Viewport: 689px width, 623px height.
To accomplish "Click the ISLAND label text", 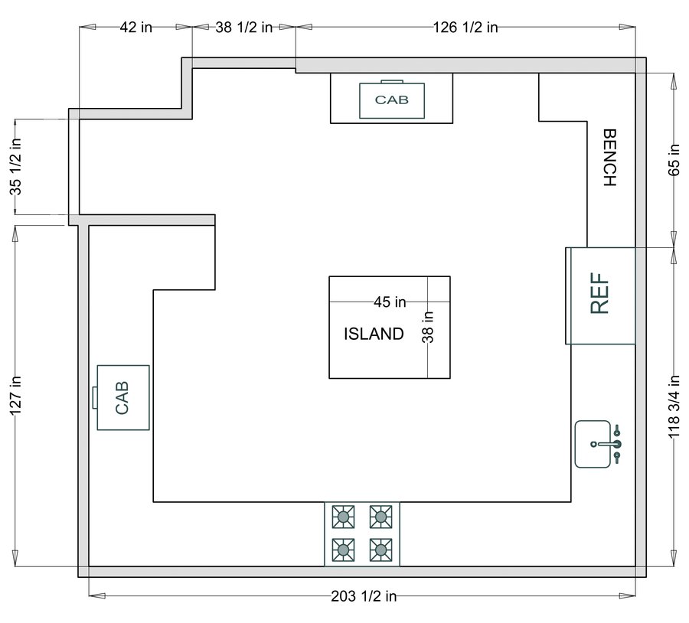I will pyautogui.click(x=374, y=334).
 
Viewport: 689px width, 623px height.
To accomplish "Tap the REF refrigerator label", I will pyautogui.click(x=601, y=295).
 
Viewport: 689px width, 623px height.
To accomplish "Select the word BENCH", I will pyautogui.click(x=610, y=157).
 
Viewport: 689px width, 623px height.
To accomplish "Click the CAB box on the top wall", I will pyautogui.click(x=391, y=100).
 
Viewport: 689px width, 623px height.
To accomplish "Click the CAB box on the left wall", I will pyautogui.click(x=122, y=398).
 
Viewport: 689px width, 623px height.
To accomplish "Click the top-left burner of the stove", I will pyautogui.click(x=344, y=517).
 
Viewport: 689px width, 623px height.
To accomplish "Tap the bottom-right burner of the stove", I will pyautogui.click(x=380, y=548).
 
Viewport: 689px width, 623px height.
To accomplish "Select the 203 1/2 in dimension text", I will pyautogui.click(x=363, y=595).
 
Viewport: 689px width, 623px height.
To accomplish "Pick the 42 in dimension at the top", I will pyautogui.click(x=136, y=27).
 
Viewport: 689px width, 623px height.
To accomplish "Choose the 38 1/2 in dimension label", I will pyautogui.click(x=244, y=27).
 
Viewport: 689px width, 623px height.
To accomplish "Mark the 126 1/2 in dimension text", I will pyautogui.click(x=465, y=27).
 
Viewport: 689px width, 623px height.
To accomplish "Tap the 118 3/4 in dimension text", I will pyautogui.click(x=674, y=406).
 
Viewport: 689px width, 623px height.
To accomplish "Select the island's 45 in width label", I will pyautogui.click(x=390, y=302).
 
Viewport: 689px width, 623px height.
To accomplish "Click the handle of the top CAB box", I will pyautogui.click(x=392, y=81).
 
